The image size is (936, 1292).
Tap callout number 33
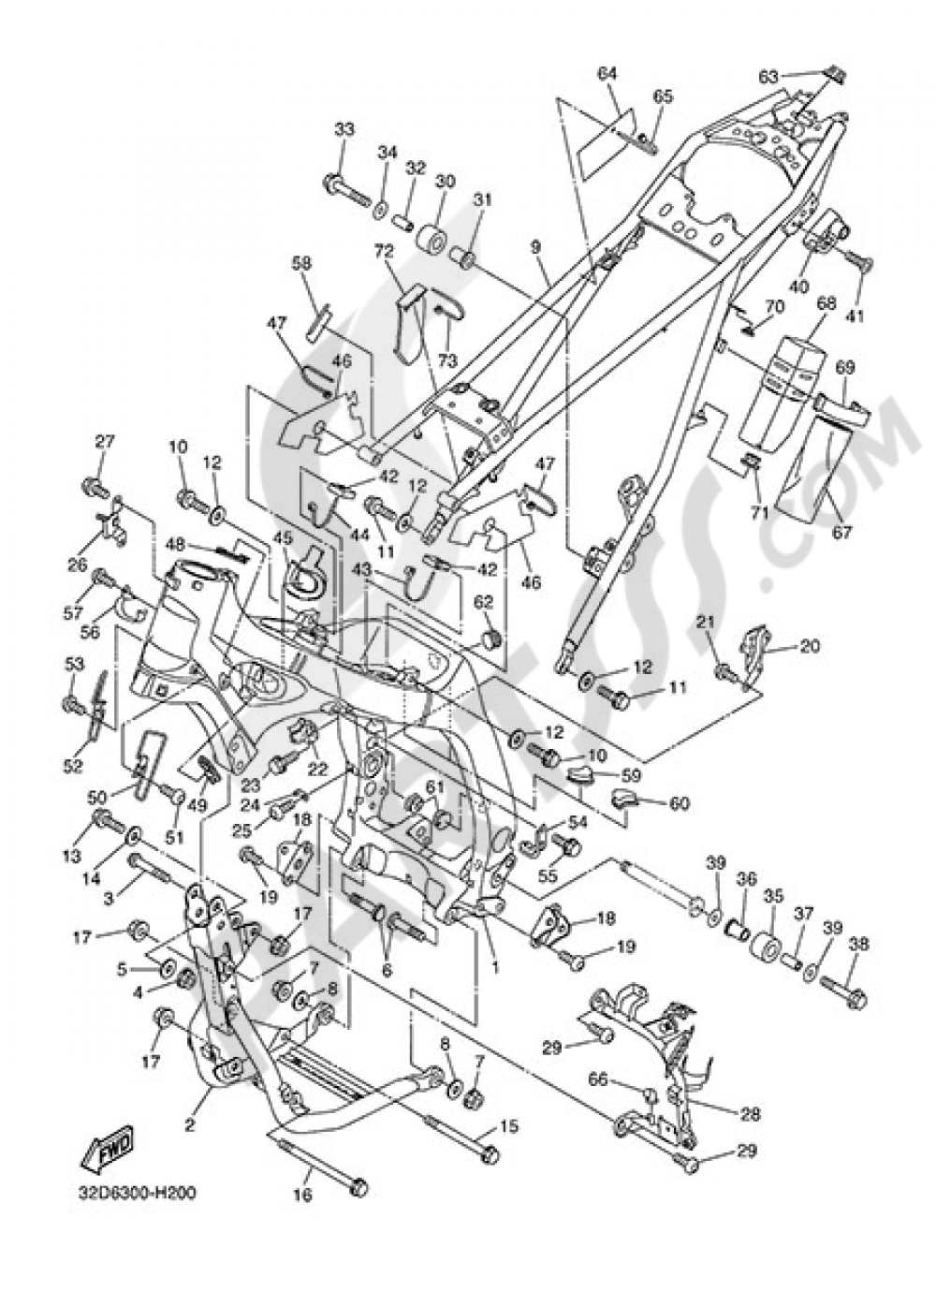(x=344, y=129)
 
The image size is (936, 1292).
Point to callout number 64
(x=607, y=73)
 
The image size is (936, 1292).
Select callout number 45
(x=284, y=539)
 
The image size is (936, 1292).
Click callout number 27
(x=103, y=442)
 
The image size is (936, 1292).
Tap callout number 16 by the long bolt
(x=305, y=1196)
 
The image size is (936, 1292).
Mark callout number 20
(x=810, y=646)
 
